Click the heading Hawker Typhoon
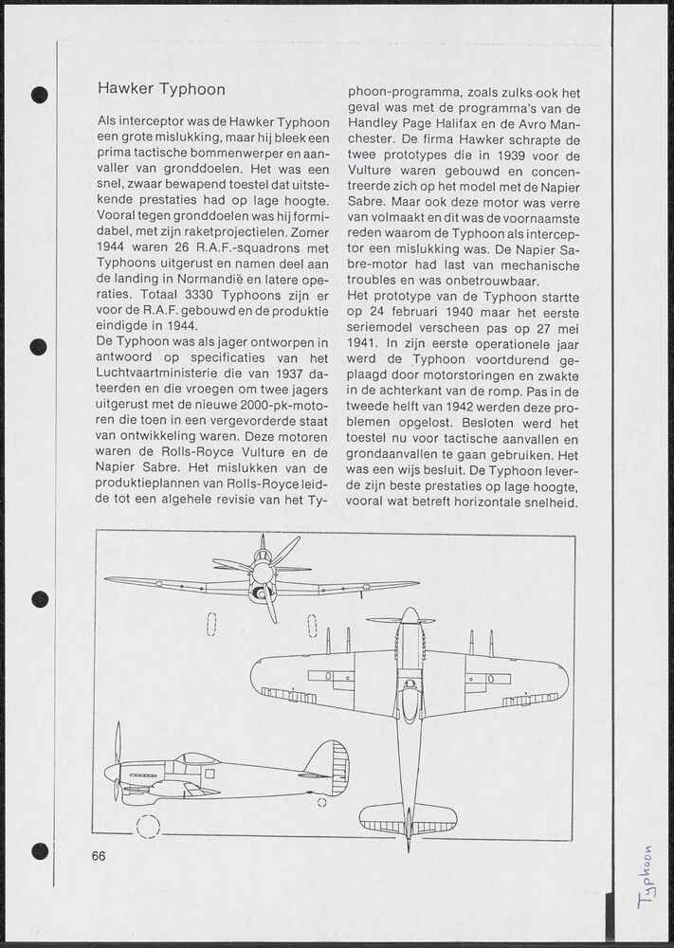point(161,89)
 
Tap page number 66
point(100,856)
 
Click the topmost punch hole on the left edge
point(39,94)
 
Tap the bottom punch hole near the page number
point(39,850)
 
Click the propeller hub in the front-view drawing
point(263,573)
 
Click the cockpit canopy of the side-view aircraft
point(197,758)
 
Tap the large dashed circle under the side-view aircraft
point(148,826)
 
